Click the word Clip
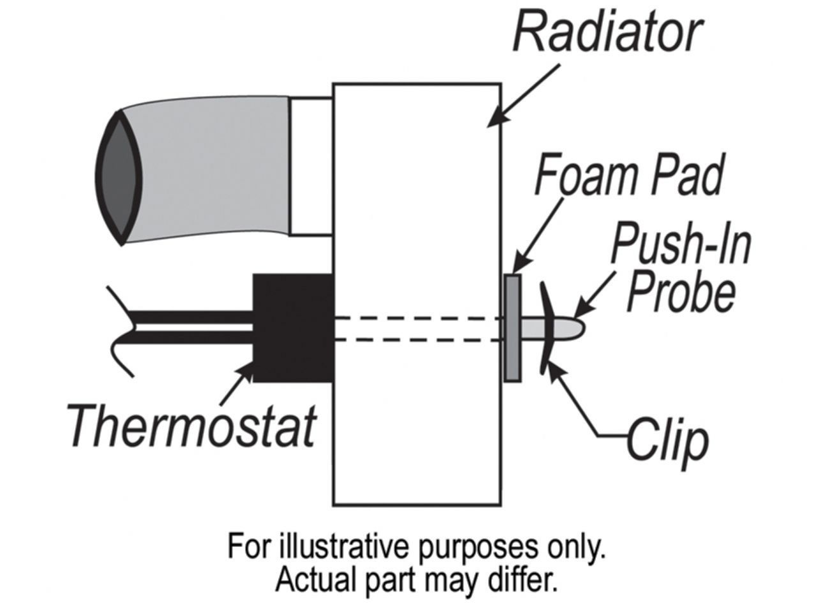[667, 439]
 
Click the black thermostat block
[293, 328]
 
